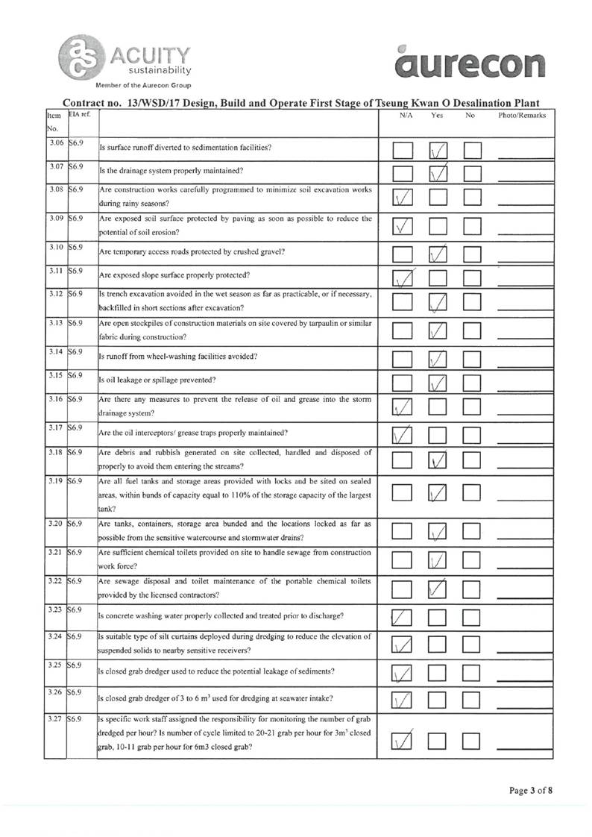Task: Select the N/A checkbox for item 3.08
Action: [x=403, y=199]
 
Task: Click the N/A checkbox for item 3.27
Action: [x=403, y=739]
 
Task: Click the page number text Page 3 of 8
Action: [x=532, y=790]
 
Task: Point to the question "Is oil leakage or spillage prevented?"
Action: [x=157, y=380]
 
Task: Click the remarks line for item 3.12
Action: [x=525, y=307]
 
